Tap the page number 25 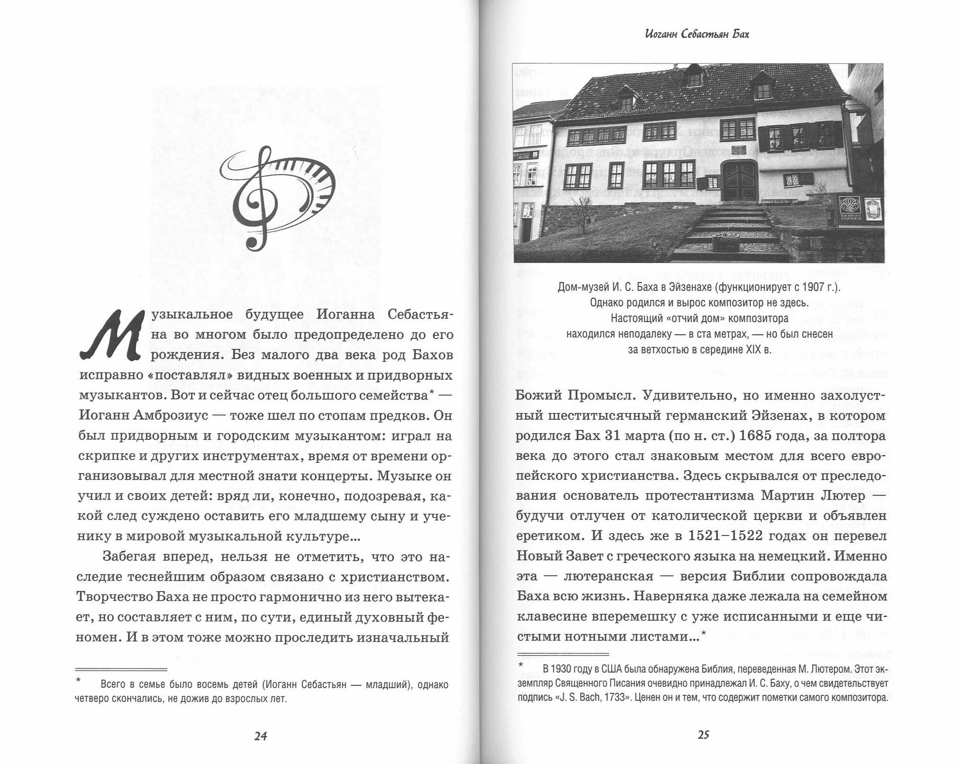pyautogui.click(x=703, y=734)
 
